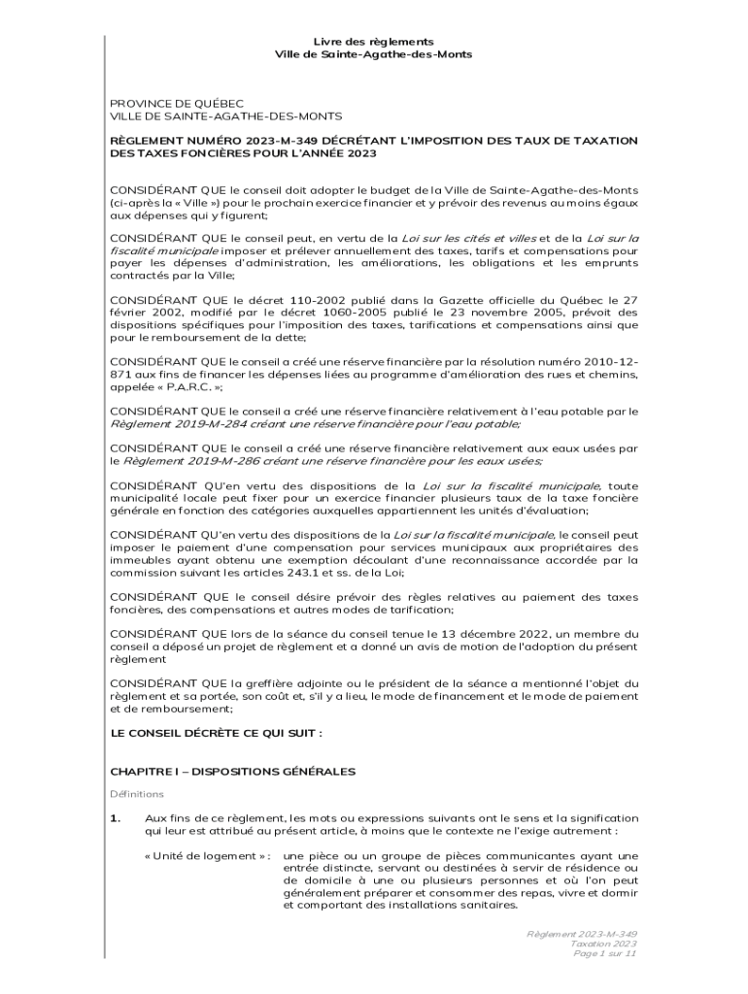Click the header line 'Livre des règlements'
tap(373, 42)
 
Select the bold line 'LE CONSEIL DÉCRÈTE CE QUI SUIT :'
tap(216, 733)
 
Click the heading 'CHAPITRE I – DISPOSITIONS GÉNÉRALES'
tap(232, 771)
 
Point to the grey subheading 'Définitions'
tap(137, 794)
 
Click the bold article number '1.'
tap(115, 818)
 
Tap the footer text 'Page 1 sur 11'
tap(605, 953)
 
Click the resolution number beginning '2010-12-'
tap(610, 361)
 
